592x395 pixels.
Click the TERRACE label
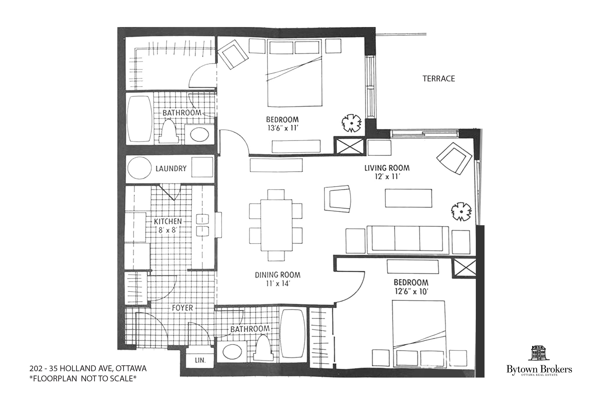439,79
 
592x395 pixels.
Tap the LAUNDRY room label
171,169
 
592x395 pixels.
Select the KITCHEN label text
168,221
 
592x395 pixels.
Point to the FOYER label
182,308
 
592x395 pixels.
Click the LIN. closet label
200,360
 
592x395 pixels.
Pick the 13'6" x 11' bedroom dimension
282,128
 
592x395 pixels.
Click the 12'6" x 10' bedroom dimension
411,292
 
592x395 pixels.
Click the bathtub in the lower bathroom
293,337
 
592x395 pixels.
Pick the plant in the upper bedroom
351,124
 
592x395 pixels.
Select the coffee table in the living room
408,198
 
